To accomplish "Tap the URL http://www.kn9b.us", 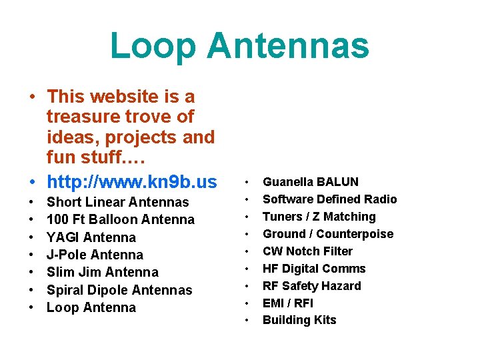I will (131, 181).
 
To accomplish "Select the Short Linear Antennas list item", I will (117, 202).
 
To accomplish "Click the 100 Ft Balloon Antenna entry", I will (120, 219).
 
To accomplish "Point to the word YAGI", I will (63, 237).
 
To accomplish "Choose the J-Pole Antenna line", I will (95, 255).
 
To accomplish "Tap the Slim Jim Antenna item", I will (102, 272).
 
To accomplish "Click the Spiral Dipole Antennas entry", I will (119, 290).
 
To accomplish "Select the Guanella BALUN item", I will (310, 182).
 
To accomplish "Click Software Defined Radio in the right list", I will (329, 199).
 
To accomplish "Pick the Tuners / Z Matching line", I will (319, 217).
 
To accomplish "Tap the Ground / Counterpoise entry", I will (328, 234).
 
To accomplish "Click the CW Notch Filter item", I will (307, 251).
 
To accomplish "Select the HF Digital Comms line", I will (314, 269).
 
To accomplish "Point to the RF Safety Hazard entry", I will (311, 286).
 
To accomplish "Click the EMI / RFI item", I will (287, 303).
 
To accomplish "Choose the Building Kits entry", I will (299, 320).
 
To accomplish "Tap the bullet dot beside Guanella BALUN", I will (247, 182).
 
